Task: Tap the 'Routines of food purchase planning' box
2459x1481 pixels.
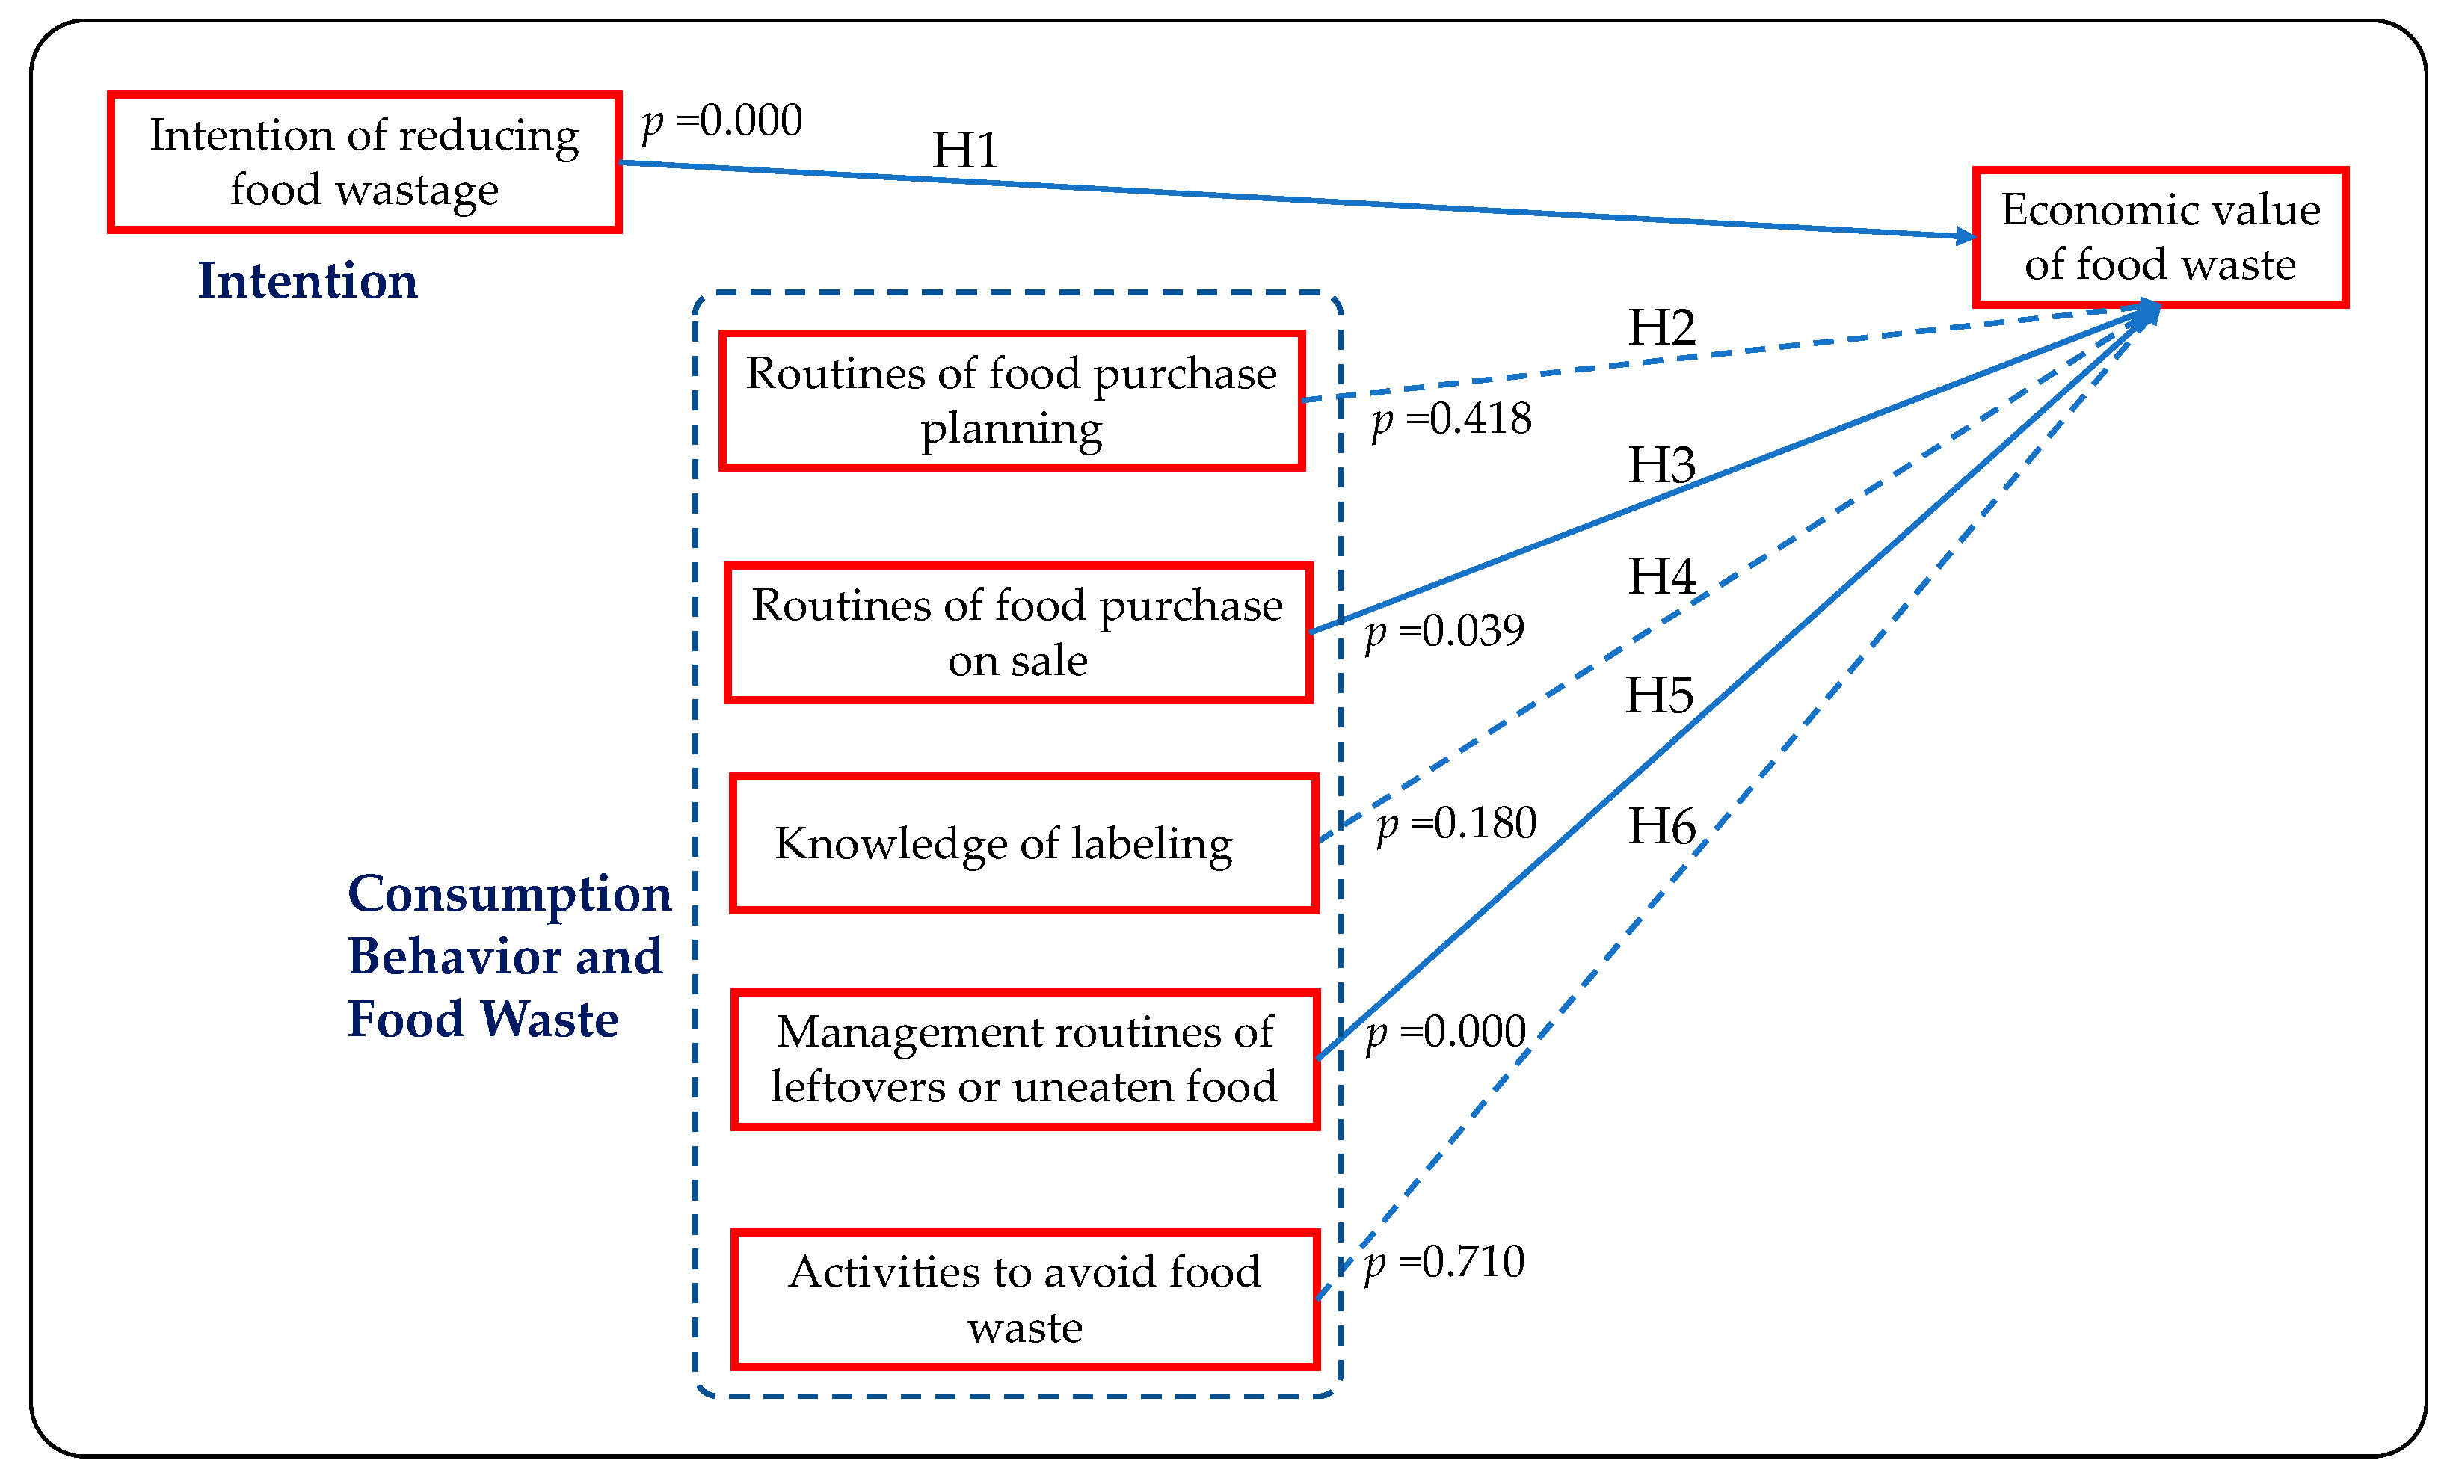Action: tap(1011, 400)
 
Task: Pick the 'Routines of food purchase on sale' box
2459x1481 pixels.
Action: tap(1017, 632)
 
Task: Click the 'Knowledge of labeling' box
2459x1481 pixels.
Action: tap(1023, 843)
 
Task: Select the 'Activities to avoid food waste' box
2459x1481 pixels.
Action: tap(1025, 1299)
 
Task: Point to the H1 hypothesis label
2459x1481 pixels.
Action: tap(964, 152)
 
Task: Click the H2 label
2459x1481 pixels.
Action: tap(1661, 327)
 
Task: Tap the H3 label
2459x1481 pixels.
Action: tap(1661, 465)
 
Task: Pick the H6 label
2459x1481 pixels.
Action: tap(1661, 826)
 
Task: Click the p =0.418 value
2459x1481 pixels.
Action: tap(1451, 419)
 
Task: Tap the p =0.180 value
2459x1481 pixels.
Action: tap(1456, 823)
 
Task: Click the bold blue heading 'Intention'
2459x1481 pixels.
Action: tap(307, 280)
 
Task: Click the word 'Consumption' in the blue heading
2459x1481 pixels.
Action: tap(509, 893)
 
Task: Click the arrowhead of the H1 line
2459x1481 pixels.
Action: tap(1967, 236)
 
